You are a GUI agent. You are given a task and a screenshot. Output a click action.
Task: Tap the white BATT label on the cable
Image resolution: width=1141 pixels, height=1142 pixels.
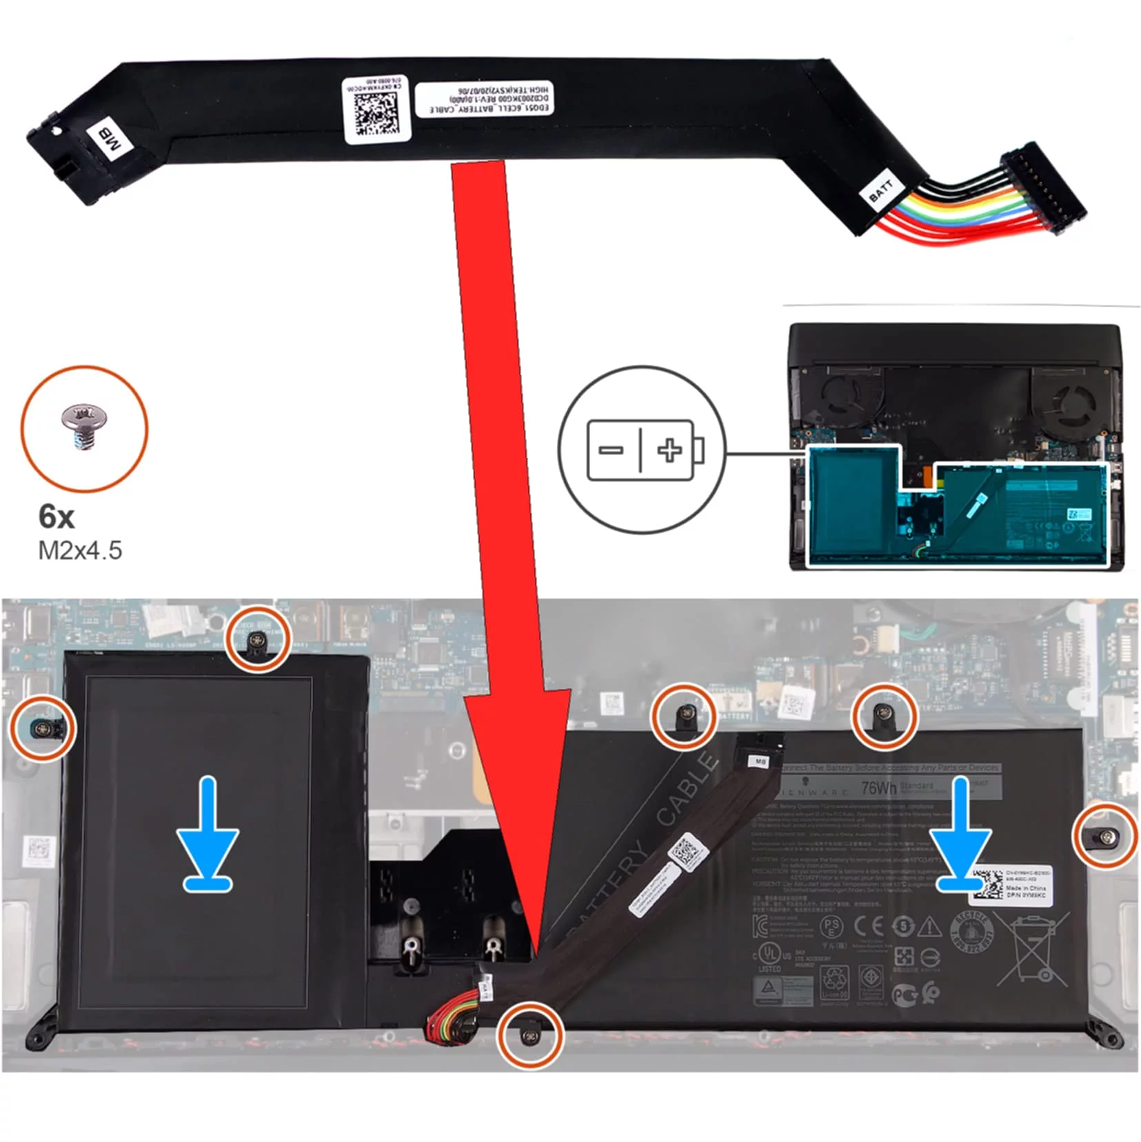click(880, 190)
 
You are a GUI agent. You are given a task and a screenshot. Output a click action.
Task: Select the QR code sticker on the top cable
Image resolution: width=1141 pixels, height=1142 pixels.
click(376, 110)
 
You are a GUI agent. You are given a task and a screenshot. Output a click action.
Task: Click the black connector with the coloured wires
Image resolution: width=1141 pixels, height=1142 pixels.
click(1042, 190)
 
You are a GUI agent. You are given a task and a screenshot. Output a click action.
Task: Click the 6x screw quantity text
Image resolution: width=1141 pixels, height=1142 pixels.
click(57, 516)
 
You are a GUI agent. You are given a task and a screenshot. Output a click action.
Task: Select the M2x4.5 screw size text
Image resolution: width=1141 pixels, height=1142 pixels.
click(80, 550)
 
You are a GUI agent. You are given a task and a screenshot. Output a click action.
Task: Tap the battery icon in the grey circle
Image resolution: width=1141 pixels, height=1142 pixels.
click(644, 450)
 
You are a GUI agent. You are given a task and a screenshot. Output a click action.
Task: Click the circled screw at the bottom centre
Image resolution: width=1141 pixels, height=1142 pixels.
click(529, 1034)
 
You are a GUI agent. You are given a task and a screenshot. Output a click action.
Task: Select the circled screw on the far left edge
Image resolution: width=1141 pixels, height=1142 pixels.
click(42, 728)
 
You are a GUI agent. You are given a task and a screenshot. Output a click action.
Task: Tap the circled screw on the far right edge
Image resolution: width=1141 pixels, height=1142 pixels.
click(1105, 835)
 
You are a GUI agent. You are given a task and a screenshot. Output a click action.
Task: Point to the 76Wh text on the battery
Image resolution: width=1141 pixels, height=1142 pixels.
click(878, 787)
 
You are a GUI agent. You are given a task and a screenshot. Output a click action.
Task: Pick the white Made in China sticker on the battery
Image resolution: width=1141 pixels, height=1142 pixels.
click(1009, 884)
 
